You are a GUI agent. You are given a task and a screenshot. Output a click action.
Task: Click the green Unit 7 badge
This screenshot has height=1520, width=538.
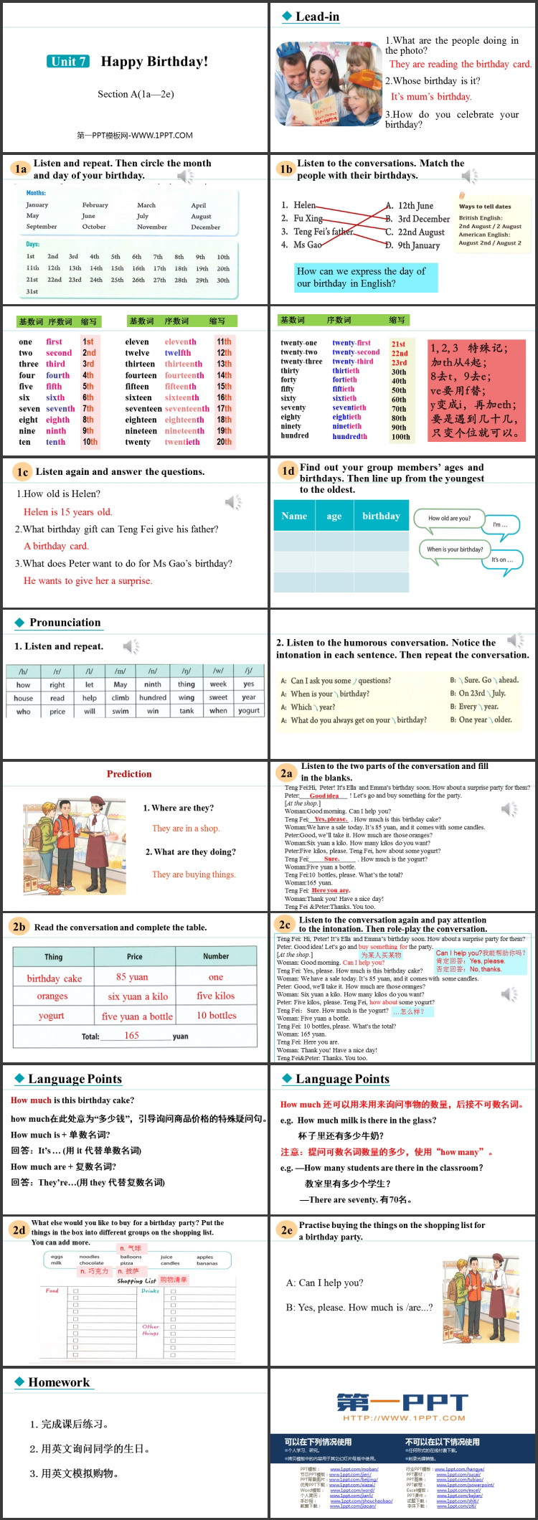[x=69, y=62]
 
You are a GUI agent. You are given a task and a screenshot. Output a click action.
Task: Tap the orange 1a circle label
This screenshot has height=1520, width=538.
[x=20, y=169]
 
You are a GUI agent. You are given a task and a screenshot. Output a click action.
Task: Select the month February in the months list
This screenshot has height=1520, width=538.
[x=95, y=205]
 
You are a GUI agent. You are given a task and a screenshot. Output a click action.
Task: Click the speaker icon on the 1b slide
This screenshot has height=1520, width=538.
[x=470, y=176]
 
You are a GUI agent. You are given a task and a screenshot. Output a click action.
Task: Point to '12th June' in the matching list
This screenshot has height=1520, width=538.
[x=415, y=205]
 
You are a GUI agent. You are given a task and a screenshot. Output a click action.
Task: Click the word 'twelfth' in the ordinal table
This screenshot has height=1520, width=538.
[x=178, y=353]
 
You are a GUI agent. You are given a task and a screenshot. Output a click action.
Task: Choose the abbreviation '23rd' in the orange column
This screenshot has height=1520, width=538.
[x=399, y=363]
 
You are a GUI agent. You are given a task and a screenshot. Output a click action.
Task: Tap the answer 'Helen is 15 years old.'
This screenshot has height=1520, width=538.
[x=68, y=512]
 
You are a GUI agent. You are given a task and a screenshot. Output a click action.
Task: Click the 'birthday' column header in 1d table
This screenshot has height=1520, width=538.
[x=381, y=516]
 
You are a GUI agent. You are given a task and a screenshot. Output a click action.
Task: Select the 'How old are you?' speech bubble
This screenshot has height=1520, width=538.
[x=450, y=518]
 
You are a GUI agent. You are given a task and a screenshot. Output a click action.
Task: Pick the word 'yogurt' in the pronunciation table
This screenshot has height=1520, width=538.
[x=249, y=711]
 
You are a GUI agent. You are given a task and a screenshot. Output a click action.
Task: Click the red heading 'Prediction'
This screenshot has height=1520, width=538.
[x=129, y=774]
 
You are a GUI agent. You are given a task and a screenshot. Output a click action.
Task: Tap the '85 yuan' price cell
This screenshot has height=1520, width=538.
[x=132, y=977]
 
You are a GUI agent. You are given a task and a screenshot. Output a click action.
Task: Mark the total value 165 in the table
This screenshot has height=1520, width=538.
[x=131, y=1035]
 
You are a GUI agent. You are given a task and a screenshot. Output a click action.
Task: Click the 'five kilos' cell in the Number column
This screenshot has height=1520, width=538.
[x=216, y=996]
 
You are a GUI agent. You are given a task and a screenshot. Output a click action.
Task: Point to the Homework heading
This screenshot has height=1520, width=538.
[x=59, y=1382]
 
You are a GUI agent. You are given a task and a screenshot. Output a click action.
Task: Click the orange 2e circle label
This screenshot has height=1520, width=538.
[x=286, y=1230]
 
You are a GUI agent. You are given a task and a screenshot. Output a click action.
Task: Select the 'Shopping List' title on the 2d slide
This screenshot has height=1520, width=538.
[x=136, y=1280]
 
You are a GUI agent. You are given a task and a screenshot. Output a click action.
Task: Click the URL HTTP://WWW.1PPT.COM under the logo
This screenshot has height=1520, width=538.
[x=404, y=1418]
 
